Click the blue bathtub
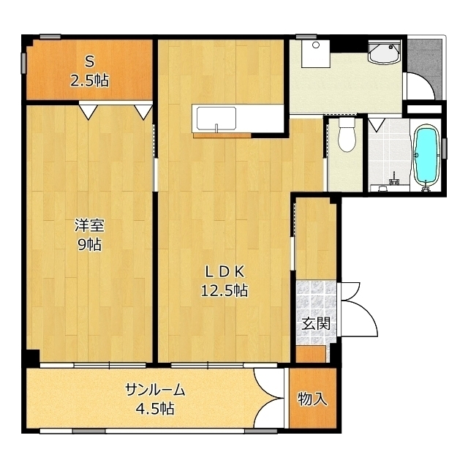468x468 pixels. click(426, 156)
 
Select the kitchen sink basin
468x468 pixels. click(216, 118)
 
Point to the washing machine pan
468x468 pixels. click(315, 54)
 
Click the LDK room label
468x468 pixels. click(225, 271)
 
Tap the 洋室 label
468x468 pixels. click(89, 225)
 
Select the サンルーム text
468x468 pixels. click(155, 390)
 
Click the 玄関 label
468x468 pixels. click(316, 323)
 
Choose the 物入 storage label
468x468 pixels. click(313, 399)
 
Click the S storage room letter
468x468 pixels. click(89, 61)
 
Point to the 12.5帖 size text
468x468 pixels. click(224, 290)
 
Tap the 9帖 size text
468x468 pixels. click(89, 245)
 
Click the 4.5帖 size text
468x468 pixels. click(155, 409)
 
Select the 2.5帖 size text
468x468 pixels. click(89, 80)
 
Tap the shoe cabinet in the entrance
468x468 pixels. click(310, 354)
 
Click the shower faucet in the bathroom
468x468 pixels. click(394, 178)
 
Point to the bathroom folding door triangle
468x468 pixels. click(377, 124)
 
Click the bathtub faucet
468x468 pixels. click(426, 187)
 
